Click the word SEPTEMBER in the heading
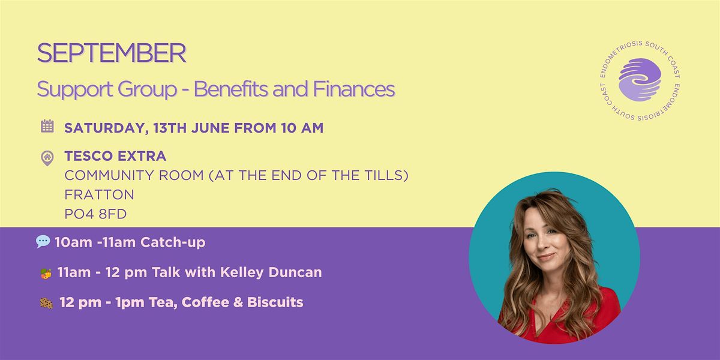[x=112, y=53]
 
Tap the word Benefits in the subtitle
[x=230, y=89]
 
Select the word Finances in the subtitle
[x=353, y=89]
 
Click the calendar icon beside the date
[x=47, y=126]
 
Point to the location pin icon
[x=47, y=158]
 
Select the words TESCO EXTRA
[x=115, y=156]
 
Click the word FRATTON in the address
[x=100, y=195]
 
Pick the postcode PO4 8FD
[x=96, y=214]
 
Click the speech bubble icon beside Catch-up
[x=43, y=242]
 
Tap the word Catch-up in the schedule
[x=173, y=242]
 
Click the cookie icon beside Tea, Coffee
[x=46, y=303]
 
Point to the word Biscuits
[x=275, y=302]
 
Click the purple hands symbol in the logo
[x=640, y=79]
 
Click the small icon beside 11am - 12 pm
[x=46, y=274]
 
